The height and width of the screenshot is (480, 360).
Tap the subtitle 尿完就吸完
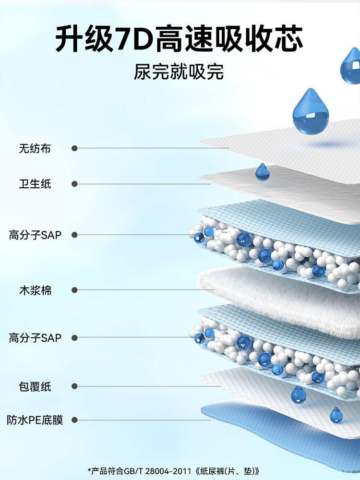pos(179,72)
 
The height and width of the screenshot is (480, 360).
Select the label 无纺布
pos(35,149)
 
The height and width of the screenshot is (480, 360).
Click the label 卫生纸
pos(35,184)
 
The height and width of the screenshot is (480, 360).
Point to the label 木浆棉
pos(35,290)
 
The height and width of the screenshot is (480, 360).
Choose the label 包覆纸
pos(35,386)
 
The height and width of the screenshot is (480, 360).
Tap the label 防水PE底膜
pos(35,420)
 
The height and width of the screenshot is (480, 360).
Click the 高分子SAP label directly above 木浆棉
pos(35,235)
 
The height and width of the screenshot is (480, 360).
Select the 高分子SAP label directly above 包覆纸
pos(35,338)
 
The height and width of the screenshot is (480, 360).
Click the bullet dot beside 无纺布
pos(74,149)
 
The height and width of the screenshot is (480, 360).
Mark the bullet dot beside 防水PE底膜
pos(74,420)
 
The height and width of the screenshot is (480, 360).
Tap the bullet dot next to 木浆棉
pos(74,290)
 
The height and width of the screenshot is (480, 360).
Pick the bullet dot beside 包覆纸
pos(74,386)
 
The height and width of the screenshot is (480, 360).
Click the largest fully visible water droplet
pos(311,112)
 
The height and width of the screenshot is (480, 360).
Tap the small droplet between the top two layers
pos(263,172)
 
